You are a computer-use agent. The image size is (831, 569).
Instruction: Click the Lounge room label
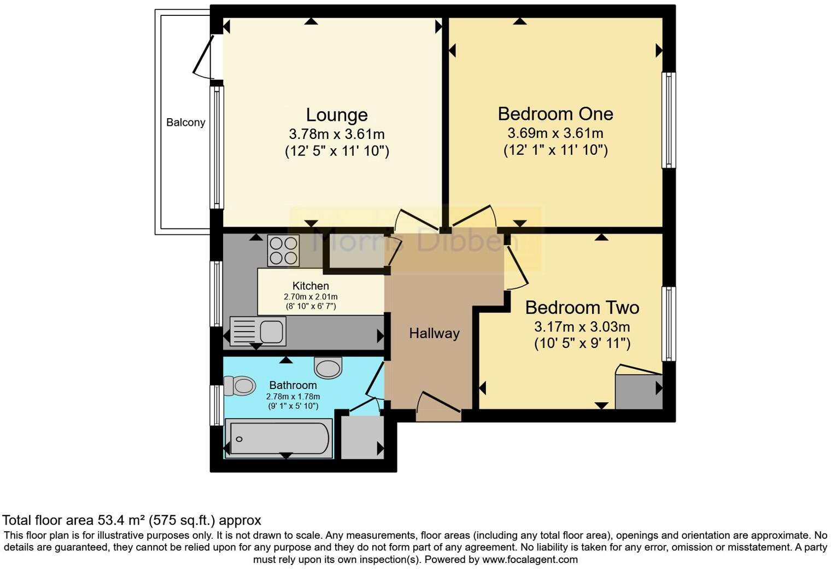point(336,115)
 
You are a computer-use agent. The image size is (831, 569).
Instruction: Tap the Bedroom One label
point(555,114)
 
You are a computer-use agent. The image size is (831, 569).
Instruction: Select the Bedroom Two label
point(582,307)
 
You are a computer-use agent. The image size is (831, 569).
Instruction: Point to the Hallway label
point(434,333)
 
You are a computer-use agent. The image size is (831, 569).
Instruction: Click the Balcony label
point(185,123)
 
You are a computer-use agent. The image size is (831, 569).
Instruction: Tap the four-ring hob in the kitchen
point(283,251)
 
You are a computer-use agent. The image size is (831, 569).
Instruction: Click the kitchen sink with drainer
point(258,331)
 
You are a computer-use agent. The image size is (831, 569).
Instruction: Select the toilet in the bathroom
point(239,386)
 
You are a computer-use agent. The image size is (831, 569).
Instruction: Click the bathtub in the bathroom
point(279,438)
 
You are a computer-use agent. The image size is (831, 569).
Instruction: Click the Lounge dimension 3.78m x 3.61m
point(336,134)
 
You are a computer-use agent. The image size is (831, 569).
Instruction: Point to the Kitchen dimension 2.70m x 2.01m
point(311,297)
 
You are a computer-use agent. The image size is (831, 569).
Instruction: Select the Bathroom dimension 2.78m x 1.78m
point(293,397)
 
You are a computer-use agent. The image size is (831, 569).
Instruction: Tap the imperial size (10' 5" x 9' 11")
point(582,344)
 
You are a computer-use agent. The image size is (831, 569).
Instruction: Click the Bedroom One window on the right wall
point(668,120)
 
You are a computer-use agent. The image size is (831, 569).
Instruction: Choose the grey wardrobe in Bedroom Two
point(638,391)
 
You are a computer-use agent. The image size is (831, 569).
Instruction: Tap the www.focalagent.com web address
point(529,560)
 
